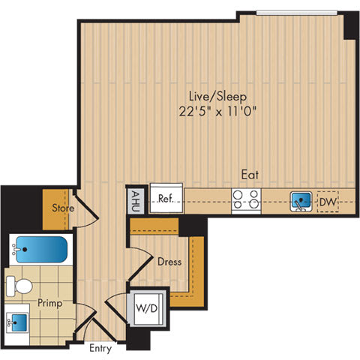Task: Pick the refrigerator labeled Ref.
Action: click(x=166, y=199)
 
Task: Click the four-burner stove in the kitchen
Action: click(x=246, y=201)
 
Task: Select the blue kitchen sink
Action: click(x=301, y=201)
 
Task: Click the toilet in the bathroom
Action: click(x=21, y=285)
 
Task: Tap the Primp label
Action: click(x=50, y=304)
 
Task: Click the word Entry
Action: click(x=100, y=348)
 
